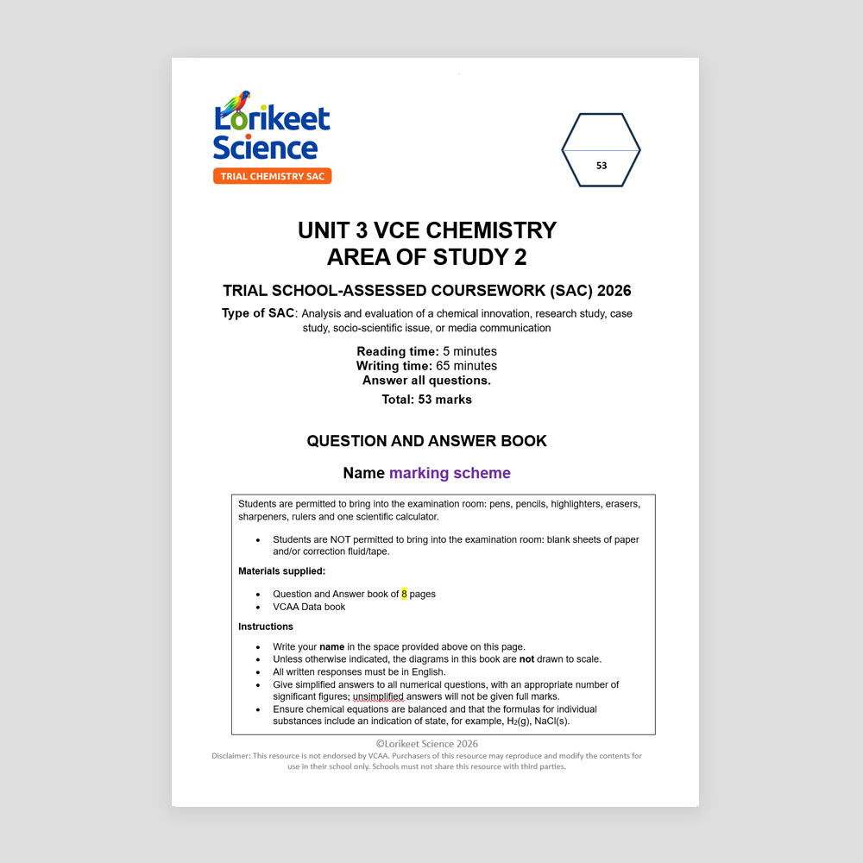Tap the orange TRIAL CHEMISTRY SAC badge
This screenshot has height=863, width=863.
tap(272, 176)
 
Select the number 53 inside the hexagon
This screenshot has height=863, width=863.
tap(602, 166)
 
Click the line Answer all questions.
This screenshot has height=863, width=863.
tap(426, 381)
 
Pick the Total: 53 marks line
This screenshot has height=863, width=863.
tap(426, 400)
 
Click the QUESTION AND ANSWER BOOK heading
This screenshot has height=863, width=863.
tap(426, 441)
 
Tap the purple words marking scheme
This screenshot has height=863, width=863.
tap(450, 473)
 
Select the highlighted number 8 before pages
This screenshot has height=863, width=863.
tap(404, 594)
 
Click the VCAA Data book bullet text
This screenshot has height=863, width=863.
tap(309, 607)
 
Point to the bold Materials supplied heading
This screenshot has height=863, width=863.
tap(281, 570)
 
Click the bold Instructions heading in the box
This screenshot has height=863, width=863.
tap(266, 627)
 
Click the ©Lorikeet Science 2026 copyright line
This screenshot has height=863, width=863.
tap(426, 744)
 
